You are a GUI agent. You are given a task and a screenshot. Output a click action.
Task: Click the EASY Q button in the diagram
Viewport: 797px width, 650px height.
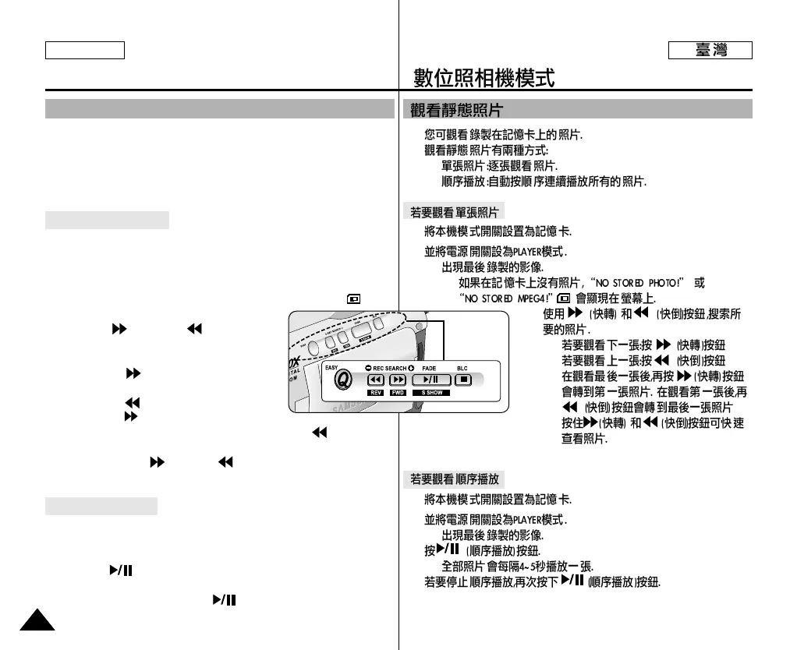[340, 380]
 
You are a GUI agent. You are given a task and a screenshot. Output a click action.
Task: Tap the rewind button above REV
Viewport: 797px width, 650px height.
[377, 380]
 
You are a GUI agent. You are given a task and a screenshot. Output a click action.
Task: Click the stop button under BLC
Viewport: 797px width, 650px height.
[463, 380]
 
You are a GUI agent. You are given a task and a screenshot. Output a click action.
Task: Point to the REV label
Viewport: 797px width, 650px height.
[377, 393]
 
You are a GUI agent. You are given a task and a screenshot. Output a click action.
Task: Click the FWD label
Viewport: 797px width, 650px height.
[398, 393]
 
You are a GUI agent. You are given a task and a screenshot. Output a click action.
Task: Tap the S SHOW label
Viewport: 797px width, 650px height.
[432, 393]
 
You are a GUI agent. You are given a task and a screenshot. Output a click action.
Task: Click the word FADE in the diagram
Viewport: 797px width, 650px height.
[430, 367]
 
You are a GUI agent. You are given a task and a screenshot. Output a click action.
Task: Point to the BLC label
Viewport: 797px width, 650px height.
[462, 367]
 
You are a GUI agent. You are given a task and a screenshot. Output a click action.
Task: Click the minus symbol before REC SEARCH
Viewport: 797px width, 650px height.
[367, 367]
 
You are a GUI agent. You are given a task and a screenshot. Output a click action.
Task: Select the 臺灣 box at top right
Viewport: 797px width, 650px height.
[710, 51]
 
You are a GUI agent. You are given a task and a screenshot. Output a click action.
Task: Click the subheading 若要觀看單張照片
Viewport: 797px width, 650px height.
[455, 212]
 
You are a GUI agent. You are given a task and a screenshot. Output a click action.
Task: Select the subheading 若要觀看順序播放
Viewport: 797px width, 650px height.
[455, 477]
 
